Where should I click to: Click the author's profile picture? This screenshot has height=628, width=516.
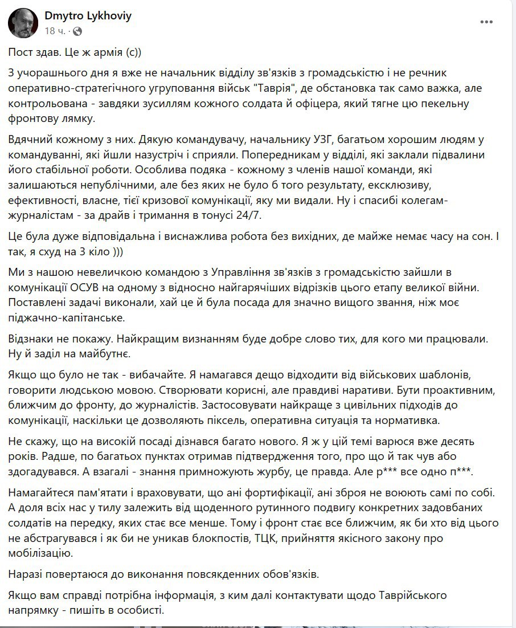click(x=23, y=23)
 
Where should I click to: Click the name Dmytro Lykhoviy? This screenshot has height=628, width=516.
click(x=88, y=16)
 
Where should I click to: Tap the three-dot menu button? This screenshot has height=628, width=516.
click(x=486, y=22)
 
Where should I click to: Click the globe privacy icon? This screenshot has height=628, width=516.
click(x=77, y=31)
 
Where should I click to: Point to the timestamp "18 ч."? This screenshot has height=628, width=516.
click(x=58, y=31)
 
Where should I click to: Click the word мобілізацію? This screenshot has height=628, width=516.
click(x=39, y=552)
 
